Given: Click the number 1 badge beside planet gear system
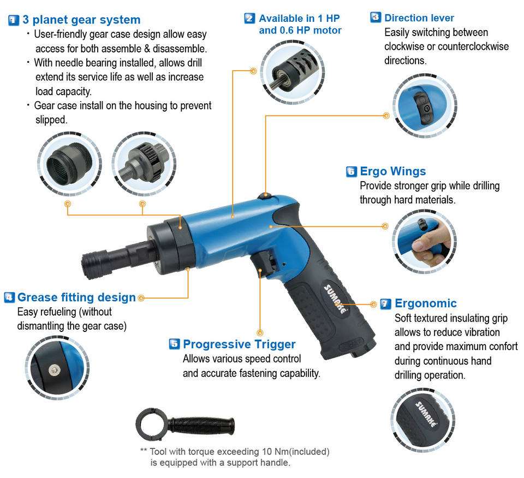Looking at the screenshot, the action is click(13, 20).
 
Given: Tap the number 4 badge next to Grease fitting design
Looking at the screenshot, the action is click(9, 297).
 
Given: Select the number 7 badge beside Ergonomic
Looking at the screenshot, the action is click(386, 304).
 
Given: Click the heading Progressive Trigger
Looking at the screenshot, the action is click(239, 344).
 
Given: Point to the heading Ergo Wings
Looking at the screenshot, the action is click(392, 171).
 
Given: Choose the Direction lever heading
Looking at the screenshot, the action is click(419, 18).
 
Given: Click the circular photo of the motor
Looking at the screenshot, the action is click(293, 72).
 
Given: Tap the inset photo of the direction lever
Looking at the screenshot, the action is click(425, 106).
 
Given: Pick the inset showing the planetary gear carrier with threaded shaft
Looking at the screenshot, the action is click(144, 164).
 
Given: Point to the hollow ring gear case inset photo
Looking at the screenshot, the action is click(69, 164).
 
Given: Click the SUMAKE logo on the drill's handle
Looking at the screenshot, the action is click(335, 299).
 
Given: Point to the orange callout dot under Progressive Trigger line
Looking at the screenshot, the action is click(260, 333).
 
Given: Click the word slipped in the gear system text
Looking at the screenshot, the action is click(51, 120).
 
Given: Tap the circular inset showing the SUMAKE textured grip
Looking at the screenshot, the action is click(423, 421).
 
